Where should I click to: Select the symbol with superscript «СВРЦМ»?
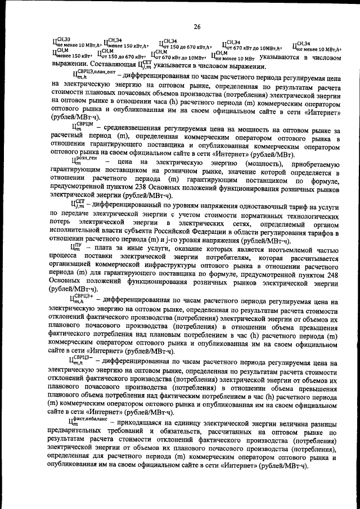click(79, 127)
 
